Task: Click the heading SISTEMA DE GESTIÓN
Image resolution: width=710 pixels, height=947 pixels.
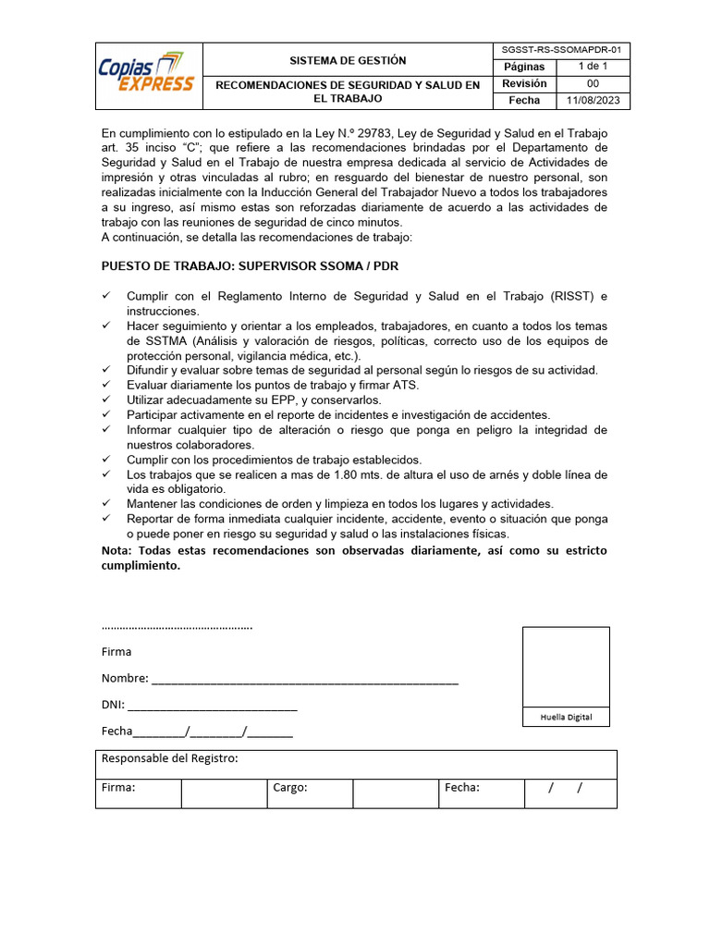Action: click(347, 60)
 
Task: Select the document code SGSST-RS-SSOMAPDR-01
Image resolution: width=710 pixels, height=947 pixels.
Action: click(567, 50)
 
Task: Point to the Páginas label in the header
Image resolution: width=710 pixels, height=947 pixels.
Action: click(524, 67)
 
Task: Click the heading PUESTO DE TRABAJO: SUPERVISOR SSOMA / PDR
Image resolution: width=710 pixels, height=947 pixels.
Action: click(250, 266)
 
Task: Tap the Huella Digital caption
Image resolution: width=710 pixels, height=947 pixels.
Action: click(566, 718)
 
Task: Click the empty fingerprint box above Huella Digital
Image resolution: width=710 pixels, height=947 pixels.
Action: click(566, 667)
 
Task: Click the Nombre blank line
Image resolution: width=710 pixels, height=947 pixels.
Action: click(305, 680)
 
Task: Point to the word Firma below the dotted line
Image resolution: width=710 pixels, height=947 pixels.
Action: click(116, 652)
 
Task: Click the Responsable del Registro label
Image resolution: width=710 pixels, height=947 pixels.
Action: click(169, 759)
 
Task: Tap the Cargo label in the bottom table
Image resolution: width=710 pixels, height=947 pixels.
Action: click(289, 788)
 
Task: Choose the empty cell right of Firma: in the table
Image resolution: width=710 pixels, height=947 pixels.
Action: click(224, 793)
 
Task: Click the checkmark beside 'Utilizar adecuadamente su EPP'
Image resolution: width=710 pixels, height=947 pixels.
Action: click(106, 400)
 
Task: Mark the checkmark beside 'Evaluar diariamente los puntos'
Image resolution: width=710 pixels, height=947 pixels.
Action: click(106, 385)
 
